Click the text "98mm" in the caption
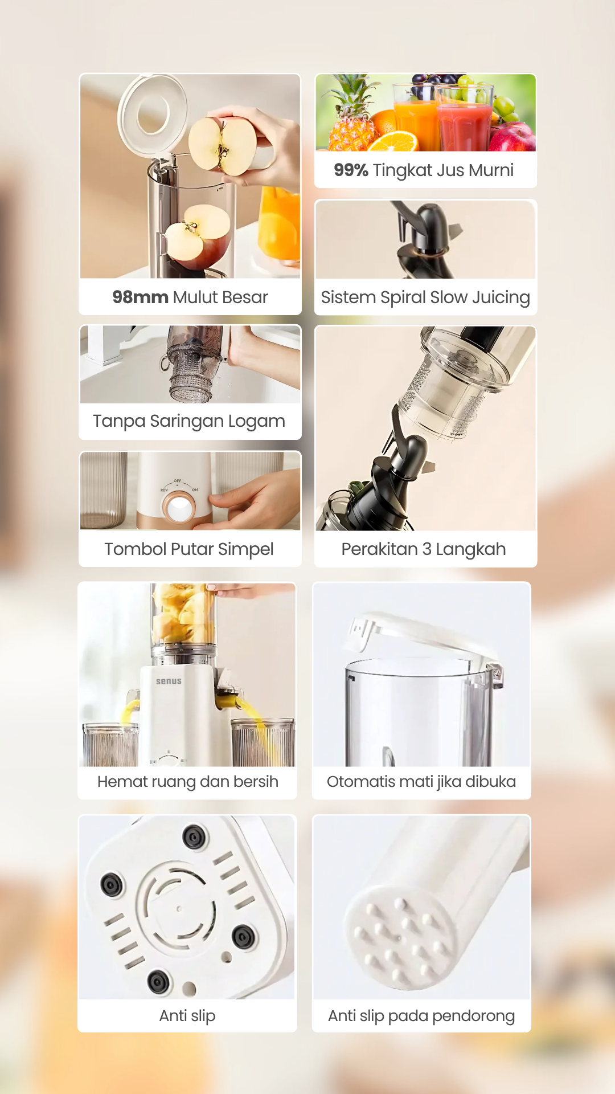coord(140,297)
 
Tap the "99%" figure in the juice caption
coord(351,170)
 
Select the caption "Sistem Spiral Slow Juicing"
coord(425,297)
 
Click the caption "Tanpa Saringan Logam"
coord(189,421)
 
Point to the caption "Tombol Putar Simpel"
coord(189,549)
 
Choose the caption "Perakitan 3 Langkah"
coord(424,549)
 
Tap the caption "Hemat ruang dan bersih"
coord(188,781)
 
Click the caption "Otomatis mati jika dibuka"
coord(421,781)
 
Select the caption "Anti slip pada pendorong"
coord(421,1015)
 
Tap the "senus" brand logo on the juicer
coord(169,681)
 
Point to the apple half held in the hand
coord(223,145)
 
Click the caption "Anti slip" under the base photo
coord(187,1015)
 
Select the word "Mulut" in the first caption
coord(195,297)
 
